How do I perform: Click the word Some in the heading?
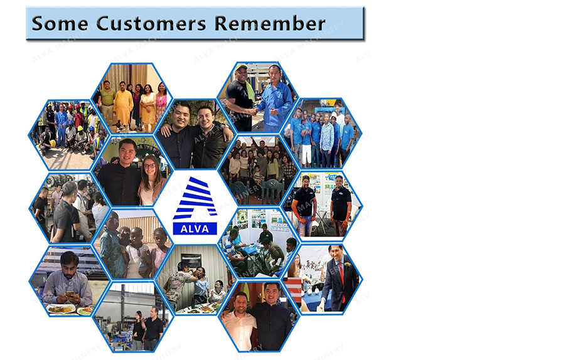60,23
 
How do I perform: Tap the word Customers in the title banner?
151,23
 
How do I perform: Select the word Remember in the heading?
270,23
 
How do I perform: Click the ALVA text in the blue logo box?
195,229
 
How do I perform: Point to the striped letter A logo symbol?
195,198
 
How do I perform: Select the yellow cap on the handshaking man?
241,67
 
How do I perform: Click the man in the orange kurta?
123,106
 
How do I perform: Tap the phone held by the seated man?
70,294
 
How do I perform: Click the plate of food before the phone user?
61,309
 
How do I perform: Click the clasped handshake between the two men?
254,112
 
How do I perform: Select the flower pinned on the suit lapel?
347,265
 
